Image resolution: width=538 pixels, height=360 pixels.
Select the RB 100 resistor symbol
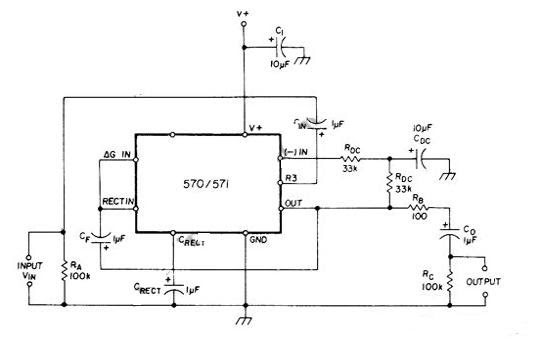[x=420, y=209]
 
